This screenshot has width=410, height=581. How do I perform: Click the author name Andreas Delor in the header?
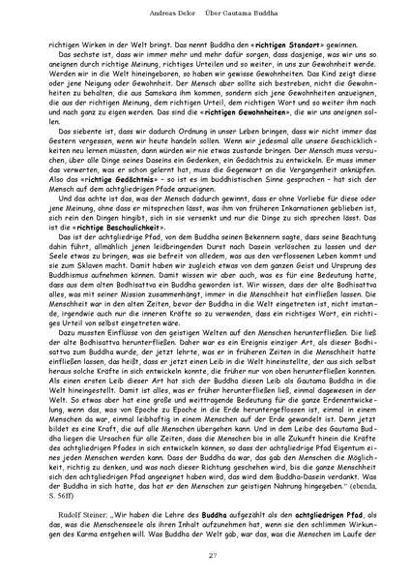(157, 13)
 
